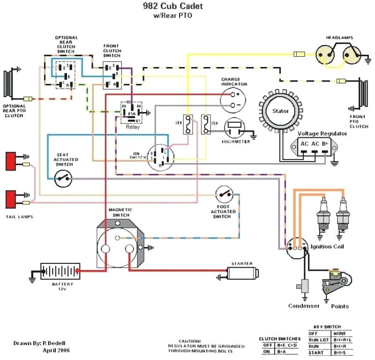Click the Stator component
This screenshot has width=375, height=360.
point(281,112)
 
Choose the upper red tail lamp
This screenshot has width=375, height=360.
point(11,161)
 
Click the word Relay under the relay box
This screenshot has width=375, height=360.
point(133,127)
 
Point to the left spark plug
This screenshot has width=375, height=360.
point(322,216)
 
